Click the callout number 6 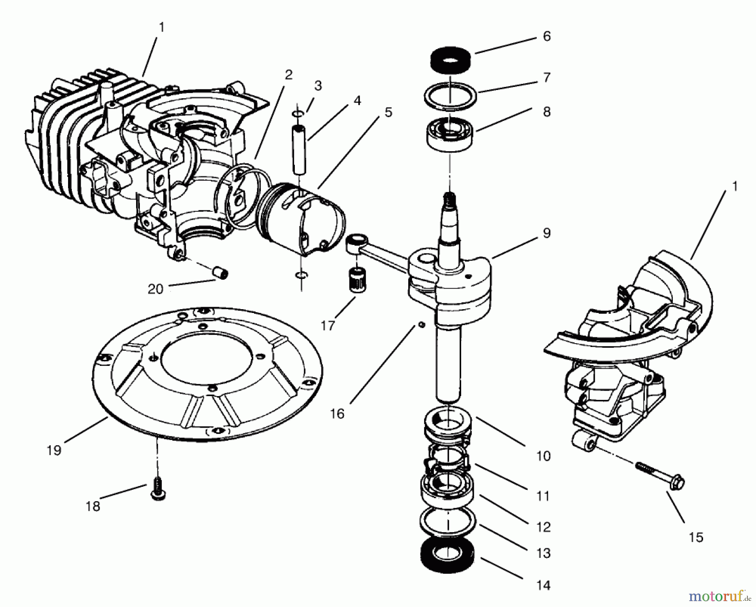546,37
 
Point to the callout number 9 546,233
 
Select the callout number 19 55,450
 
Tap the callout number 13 543,553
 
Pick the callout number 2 288,75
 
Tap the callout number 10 543,456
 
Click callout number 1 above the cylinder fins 162,27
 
